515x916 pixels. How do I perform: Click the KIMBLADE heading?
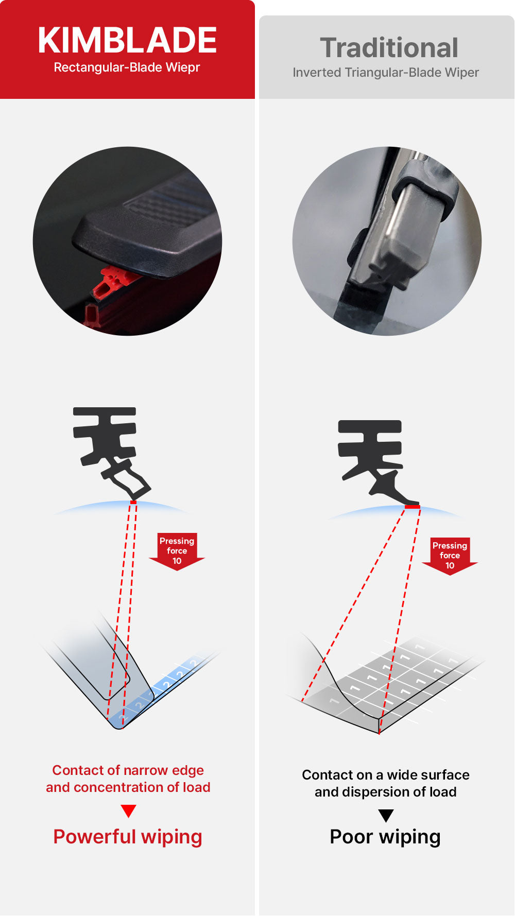127,40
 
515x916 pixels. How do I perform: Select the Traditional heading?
389,48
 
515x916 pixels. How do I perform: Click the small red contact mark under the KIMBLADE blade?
133,502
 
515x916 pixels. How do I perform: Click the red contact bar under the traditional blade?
412,507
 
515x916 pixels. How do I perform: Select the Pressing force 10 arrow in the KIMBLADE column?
177,551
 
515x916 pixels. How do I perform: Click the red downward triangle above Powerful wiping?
128,811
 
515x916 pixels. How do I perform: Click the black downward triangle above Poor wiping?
386,816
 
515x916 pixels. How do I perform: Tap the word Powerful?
95,837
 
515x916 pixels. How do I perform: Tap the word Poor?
351,837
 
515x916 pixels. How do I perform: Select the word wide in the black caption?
400,775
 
